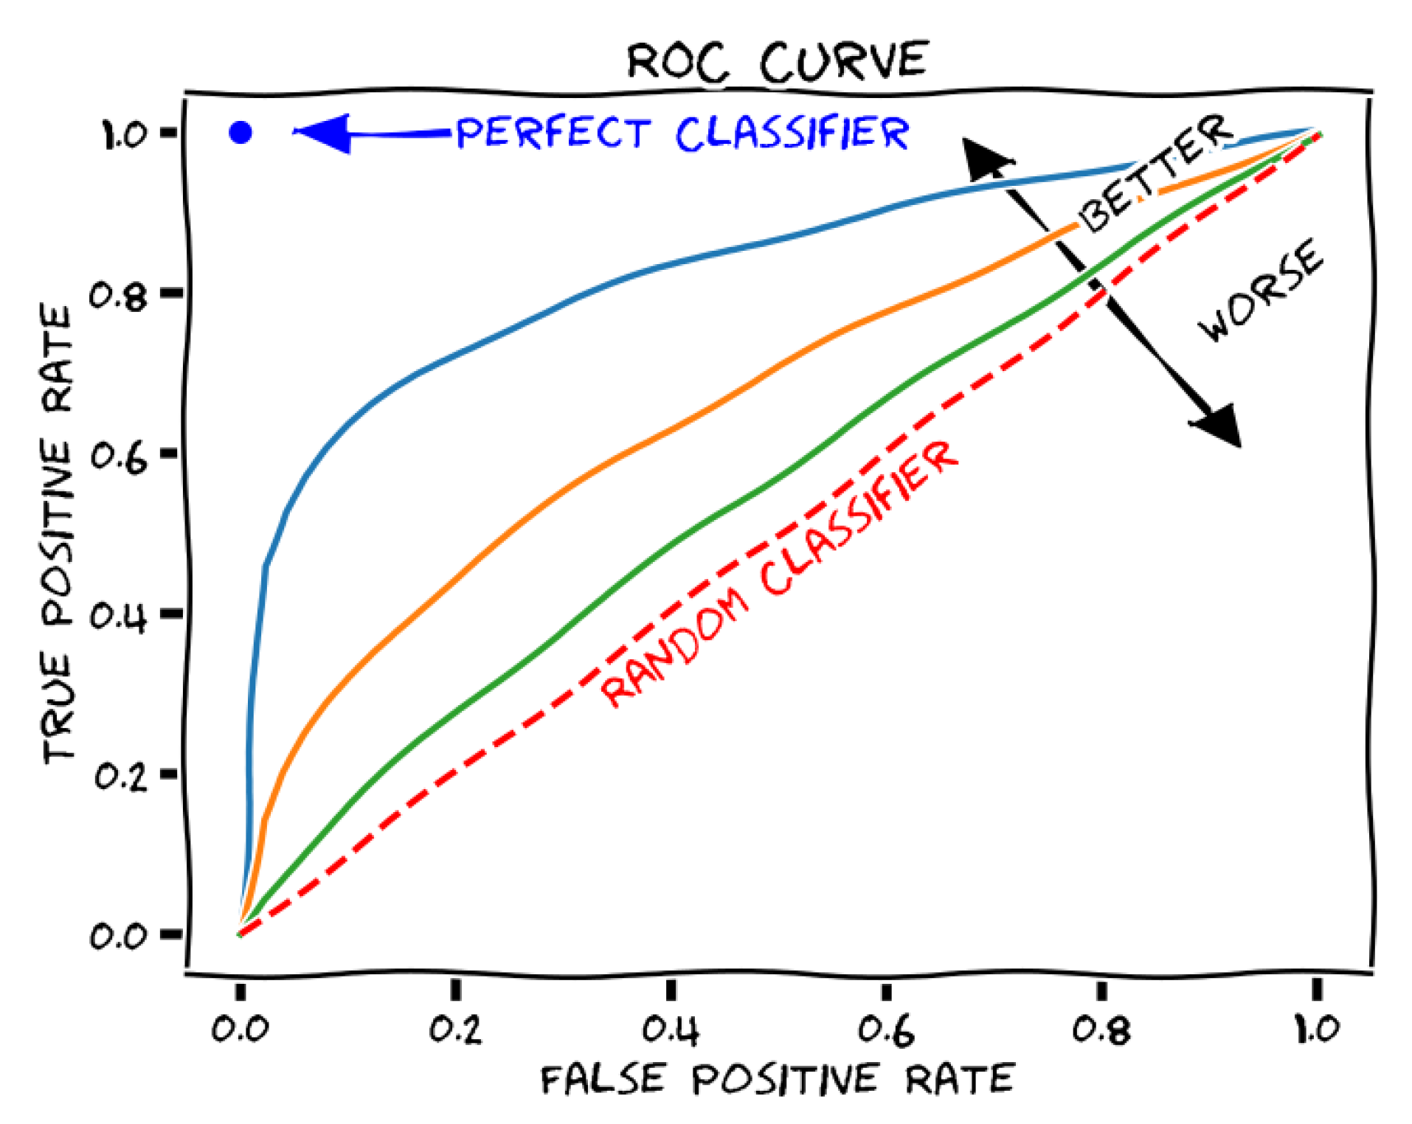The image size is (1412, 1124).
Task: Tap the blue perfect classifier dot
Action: click(x=240, y=133)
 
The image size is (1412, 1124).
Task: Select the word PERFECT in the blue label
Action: click(x=553, y=133)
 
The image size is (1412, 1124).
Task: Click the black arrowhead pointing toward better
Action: click(x=985, y=159)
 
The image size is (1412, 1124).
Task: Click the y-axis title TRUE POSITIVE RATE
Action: click(x=58, y=535)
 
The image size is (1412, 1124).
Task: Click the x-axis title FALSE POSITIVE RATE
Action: click(x=778, y=1079)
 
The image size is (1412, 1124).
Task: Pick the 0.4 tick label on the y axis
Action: click(x=118, y=617)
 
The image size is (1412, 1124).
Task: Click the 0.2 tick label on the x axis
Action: click(x=455, y=1029)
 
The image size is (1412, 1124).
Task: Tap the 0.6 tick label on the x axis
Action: click(x=886, y=1029)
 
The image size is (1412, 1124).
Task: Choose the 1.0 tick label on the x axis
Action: click(x=1317, y=1029)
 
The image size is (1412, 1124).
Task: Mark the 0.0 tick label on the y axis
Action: click(x=118, y=936)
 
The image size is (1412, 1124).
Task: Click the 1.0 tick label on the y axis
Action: click(x=124, y=135)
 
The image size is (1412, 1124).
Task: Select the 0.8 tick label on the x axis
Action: click(x=1101, y=1029)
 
